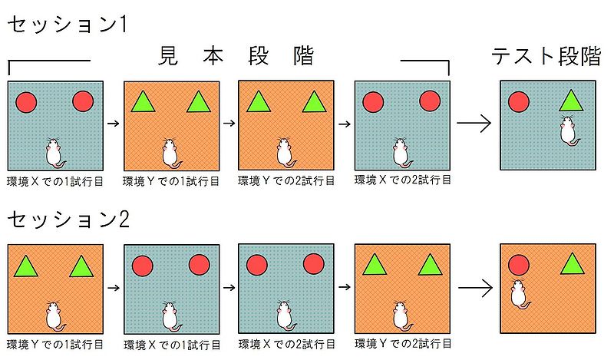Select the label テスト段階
pos(547,58)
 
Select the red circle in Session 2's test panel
pos(519,266)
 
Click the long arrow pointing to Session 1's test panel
pos(474,123)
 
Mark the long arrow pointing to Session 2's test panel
pos(474,288)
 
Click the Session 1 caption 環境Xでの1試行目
pos(56,182)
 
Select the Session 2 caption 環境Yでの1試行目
pos(56,344)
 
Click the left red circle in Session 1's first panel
pos(26,101)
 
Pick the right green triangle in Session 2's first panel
pos(81,266)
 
